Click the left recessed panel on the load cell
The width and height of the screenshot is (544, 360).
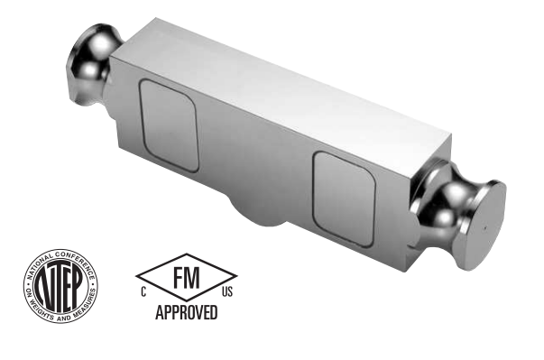[x=170, y=125]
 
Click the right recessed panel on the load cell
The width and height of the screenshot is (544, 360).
[x=344, y=199]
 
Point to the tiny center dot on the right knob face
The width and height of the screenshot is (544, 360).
[x=485, y=228]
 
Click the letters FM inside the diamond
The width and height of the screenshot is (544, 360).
[x=187, y=278]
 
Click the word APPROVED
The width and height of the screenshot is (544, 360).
[x=187, y=312]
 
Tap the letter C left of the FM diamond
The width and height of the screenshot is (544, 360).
[x=143, y=292]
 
